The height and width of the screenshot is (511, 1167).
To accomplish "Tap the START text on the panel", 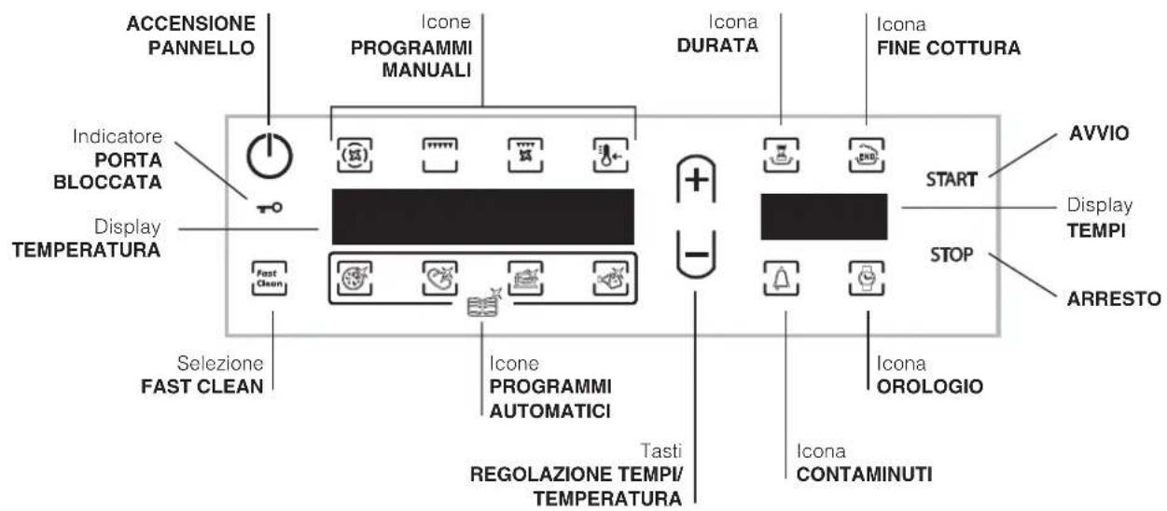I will pyautogui.click(x=951, y=180).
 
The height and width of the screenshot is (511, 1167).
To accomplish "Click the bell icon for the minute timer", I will pyautogui.click(x=785, y=276).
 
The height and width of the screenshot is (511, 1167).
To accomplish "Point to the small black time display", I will pyautogui.click(x=824, y=216).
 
